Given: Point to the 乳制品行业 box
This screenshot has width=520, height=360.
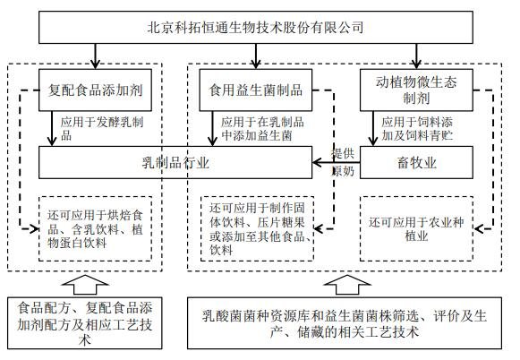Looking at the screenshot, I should [175, 162].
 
